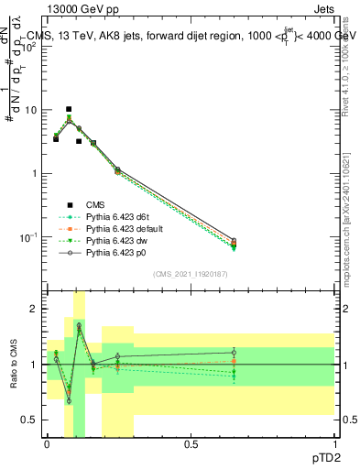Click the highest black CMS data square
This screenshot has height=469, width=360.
tap(68, 109)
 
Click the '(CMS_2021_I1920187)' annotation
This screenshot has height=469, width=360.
tap(190, 274)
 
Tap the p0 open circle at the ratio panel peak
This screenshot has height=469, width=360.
tap(79, 325)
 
